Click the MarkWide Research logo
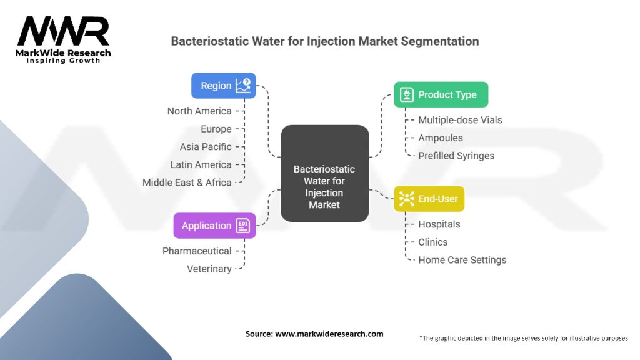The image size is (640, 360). [x=63, y=39]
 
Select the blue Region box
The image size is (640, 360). [x=223, y=86]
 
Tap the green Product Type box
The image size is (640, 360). [x=441, y=94]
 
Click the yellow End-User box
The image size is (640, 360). [x=429, y=199]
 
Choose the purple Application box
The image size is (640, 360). [x=214, y=226]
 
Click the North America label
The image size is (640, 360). [x=199, y=111]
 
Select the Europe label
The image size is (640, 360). [x=216, y=129]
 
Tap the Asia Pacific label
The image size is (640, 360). [x=206, y=147]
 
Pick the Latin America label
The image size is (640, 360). [x=201, y=164]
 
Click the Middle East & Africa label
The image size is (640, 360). [x=187, y=182]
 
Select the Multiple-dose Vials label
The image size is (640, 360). [x=460, y=120]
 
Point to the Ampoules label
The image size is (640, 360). [x=441, y=137]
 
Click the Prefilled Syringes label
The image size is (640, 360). [x=456, y=156]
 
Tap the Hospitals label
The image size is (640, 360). [x=439, y=224]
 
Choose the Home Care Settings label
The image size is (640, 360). [x=462, y=259]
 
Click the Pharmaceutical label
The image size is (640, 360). [x=197, y=251]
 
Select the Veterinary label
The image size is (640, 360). [x=209, y=269]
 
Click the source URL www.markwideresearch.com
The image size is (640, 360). [x=329, y=334]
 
